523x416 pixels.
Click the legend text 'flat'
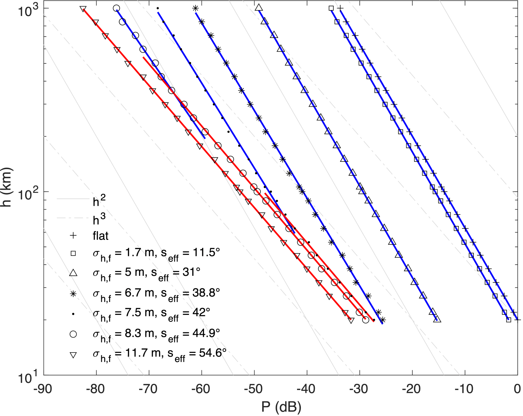click(x=100, y=236)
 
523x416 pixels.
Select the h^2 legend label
click(x=99, y=202)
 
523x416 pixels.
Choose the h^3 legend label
click(x=99, y=220)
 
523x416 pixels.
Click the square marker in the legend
click(x=73, y=253)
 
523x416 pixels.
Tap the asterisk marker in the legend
click(x=73, y=294)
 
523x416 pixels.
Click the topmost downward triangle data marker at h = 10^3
click(x=83, y=9)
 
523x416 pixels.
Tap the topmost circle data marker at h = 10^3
click(x=116, y=8)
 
